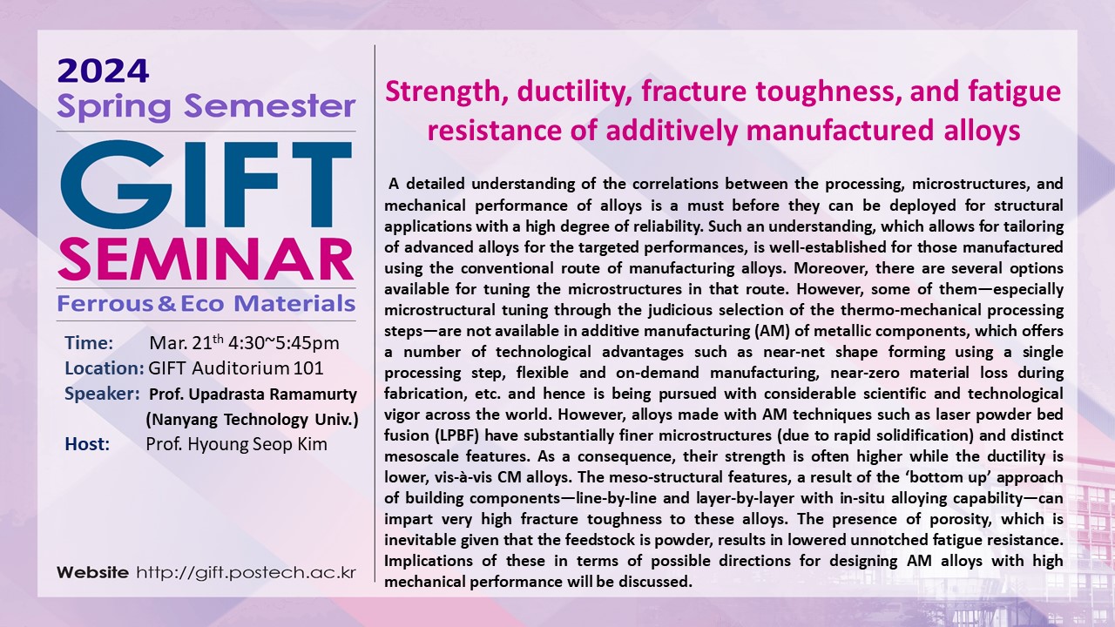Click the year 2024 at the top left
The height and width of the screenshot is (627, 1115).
coord(103,71)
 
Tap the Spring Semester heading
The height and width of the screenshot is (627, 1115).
coord(206,107)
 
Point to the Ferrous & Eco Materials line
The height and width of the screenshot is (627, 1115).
coord(206,303)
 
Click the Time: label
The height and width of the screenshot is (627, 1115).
coord(89,343)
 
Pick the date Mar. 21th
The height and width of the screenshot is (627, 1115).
coord(186,342)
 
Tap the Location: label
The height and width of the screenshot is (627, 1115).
coord(105,368)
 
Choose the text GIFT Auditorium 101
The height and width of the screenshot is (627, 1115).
coord(236,368)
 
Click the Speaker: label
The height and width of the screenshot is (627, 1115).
coord(102,394)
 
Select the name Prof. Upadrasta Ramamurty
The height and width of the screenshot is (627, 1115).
coord(253,394)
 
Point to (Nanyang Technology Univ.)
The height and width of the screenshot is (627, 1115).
coord(252,420)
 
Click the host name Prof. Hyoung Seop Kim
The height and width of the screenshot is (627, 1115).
coord(236,444)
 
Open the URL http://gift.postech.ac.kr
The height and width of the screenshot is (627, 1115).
coord(247,572)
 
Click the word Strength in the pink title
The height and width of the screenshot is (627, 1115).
coord(444,92)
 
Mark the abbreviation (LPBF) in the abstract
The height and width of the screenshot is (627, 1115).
coord(457,435)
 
